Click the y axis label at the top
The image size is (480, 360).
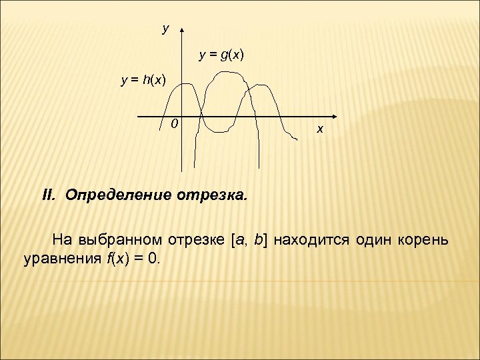166,29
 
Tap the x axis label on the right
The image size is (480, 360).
319,129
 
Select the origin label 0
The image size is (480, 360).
173,123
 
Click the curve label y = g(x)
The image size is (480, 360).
222,55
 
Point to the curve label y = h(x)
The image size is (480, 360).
143,81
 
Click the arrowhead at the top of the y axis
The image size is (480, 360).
182,31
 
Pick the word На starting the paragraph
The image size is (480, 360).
62,239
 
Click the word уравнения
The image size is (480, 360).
61,257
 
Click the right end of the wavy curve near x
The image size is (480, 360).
296,139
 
